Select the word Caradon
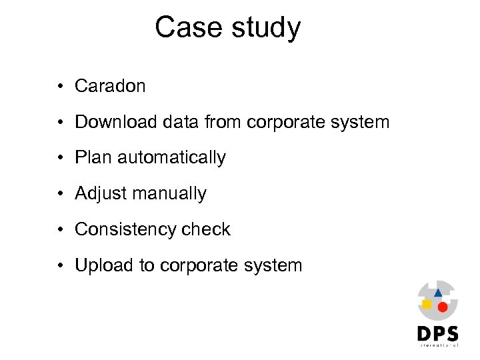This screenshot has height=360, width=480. tap(110, 86)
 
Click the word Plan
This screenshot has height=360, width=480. tap(93, 158)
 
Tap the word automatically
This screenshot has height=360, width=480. tap(171, 158)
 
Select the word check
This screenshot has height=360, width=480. tap(205, 230)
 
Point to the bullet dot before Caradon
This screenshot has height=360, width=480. tap(60, 87)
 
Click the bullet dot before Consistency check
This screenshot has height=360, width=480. tap(60, 230)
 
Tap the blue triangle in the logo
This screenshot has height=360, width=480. tap(438, 292)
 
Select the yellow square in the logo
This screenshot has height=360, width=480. tap(427, 304)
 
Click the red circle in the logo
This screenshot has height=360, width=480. tap(442, 307)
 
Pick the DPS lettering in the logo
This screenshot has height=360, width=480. tap(437, 333)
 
